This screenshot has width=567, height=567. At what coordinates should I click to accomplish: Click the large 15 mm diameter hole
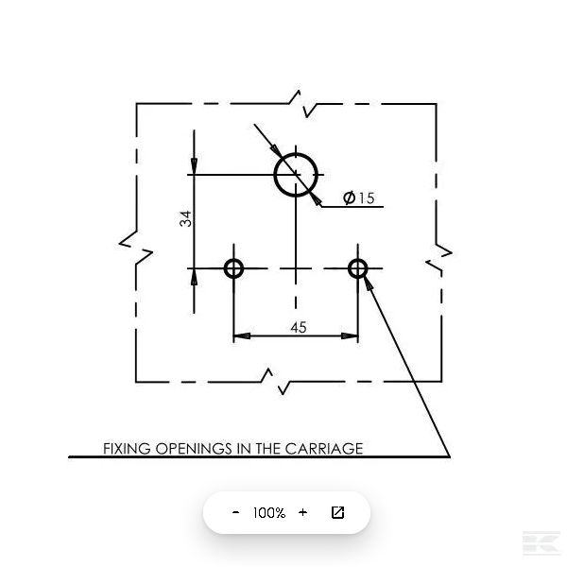click(x=275, y=175)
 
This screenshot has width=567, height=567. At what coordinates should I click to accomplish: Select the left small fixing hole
click(x=225, y=268)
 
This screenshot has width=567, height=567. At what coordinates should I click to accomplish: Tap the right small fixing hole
click(x=349, y=268)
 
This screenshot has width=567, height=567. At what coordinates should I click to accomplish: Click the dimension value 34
click(x=185, y=218)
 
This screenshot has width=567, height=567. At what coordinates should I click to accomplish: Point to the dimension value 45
click(x=299, y=327)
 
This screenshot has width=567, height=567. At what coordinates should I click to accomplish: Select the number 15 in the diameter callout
click(x=367, y=198)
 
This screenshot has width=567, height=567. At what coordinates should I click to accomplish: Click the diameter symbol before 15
click(x=349, y=198)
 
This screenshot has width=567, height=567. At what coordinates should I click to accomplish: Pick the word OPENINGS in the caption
click(x=194, y=449)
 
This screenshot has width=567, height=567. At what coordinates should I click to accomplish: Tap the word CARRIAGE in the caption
click(x=324, y=449)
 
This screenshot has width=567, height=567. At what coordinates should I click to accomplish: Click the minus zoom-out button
click(x=235, y=512)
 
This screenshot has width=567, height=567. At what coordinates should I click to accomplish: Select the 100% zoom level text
click(x=269, y=513)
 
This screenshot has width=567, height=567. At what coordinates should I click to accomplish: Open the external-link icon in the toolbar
click(x=337, y=512)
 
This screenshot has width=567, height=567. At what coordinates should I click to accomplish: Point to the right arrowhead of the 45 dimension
click(x=350, y=335)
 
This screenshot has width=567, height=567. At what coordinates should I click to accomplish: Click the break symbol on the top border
click(x=302, y=104)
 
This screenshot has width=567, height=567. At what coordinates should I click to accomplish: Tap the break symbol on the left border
click(x=136, y=248)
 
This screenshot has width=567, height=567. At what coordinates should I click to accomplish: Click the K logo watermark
click(x=541, y=543)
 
